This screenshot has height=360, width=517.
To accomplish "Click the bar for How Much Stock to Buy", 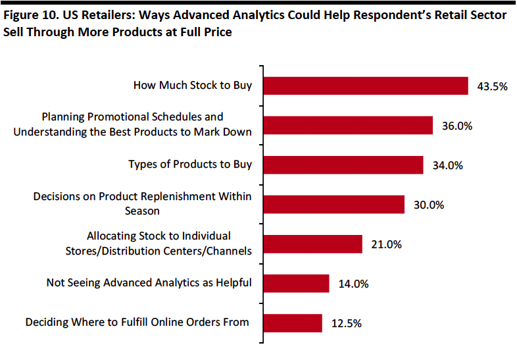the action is point(366,86).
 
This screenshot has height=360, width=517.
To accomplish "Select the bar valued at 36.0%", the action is point(348,126).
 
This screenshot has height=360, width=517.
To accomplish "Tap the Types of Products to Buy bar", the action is point(343,165).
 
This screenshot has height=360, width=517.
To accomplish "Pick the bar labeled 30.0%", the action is point(334,205).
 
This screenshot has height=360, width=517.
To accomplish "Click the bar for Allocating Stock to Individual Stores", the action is point(313,244).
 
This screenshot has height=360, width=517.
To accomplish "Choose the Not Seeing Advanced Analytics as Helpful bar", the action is point(297,284).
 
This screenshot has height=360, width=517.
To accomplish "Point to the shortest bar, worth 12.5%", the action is point(293,323).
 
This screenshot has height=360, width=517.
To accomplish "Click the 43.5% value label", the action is point(492,86).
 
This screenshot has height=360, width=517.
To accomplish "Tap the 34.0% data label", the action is point(448,165).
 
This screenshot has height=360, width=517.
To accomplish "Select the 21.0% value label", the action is point(386,245).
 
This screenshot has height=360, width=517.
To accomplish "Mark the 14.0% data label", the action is point(353,284).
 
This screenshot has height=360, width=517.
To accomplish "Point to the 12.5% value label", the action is point(347,323).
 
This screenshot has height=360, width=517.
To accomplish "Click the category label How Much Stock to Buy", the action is point(193,85).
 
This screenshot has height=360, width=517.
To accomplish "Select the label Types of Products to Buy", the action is point(190,165).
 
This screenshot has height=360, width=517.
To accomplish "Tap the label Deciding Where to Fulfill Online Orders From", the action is point(137,322).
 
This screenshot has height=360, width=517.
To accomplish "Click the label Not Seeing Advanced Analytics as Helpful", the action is point(149,283).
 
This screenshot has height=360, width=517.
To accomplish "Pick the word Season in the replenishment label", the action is point(142,211).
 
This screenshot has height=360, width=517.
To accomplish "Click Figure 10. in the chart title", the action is point(32,15).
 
